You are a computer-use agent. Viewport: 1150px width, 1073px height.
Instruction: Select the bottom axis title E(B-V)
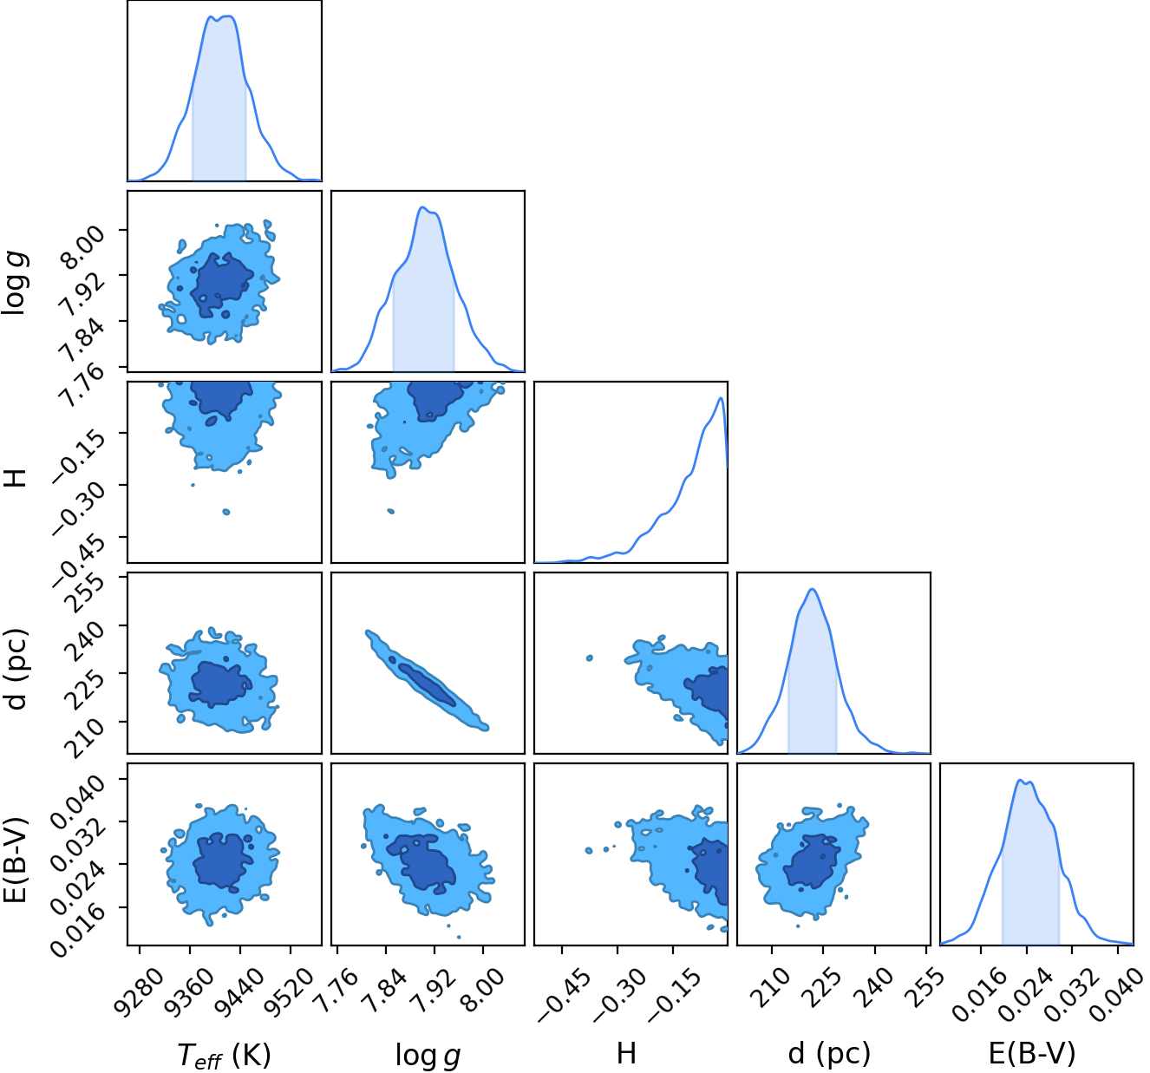[1031, 1053]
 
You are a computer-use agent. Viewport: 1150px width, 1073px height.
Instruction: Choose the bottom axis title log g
[428, 1055]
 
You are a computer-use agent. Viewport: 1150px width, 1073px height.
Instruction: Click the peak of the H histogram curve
[720, 398]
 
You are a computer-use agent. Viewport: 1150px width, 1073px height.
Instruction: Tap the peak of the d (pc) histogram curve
[813, 589]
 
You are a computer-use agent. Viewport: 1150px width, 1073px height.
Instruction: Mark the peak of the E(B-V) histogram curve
[1020, 780]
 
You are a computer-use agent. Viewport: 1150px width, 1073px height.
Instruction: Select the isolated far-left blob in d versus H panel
[590, 658]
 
